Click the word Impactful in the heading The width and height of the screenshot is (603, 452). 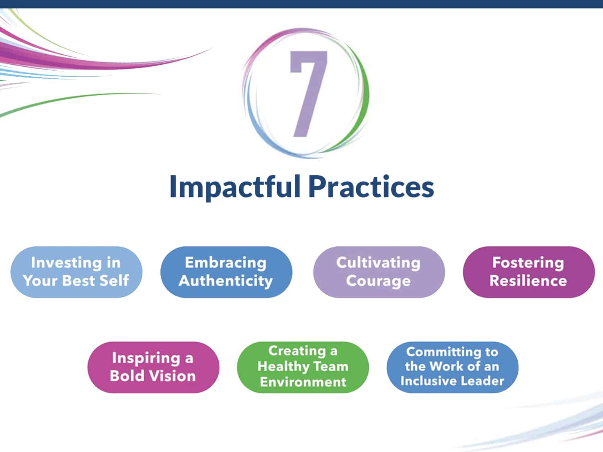tap(235, 187)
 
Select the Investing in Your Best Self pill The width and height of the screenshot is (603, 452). tap(76, 272)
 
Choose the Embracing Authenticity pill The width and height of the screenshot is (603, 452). tap(226, 272)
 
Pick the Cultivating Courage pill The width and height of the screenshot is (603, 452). tap(379, 272)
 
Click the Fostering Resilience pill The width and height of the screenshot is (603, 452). tap(529, 272)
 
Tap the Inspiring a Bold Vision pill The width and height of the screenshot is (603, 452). tap(153, 367)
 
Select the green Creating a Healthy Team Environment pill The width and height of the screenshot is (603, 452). tap(303, 367)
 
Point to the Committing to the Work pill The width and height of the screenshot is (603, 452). tap(453, 367)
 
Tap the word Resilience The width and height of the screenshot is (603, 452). tap(528, 281)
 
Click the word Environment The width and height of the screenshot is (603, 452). tap(303, 382)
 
